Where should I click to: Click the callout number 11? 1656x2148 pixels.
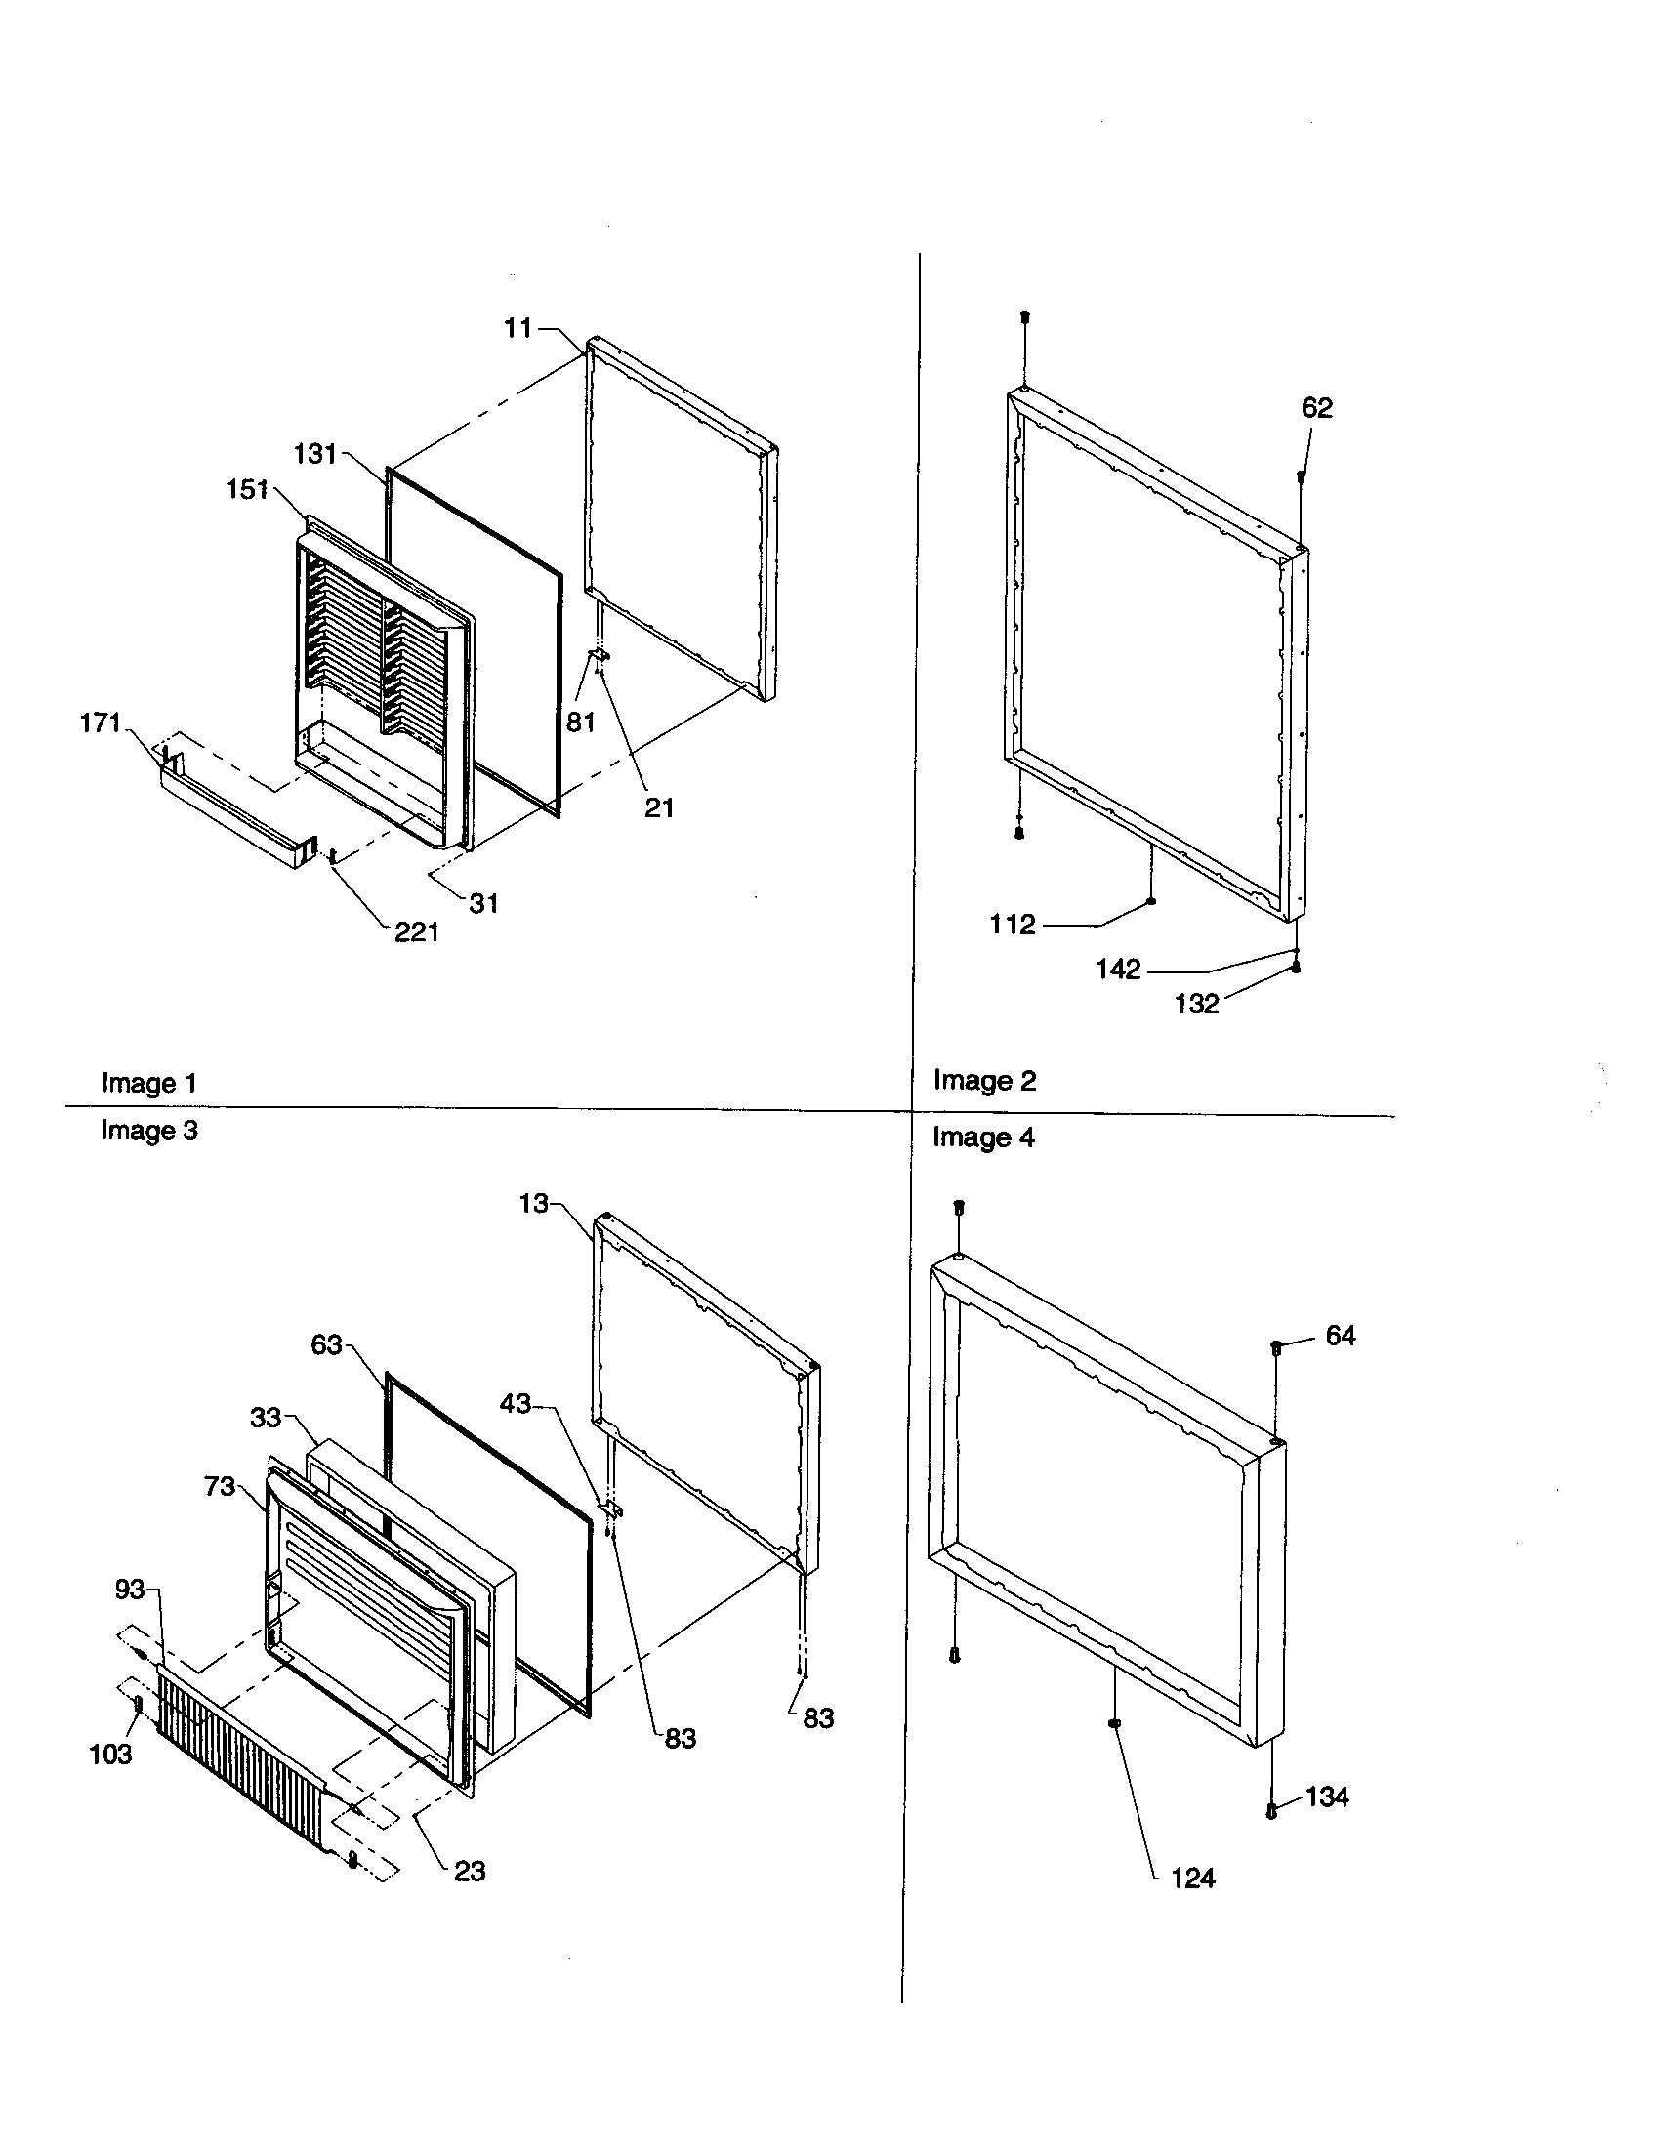pyautogui.click(x=517, y=328)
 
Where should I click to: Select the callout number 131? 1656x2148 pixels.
pyautogui.click(x=314, y=454)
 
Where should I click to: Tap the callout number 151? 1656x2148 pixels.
pyautogui.click(x=247, y=490)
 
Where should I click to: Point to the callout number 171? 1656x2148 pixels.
pyautogui.click(x=100, y=723)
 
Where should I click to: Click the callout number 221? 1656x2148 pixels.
pyautogui.click(x=416, y=932)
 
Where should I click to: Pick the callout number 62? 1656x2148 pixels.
pyautogui.click(x=1317, y=408)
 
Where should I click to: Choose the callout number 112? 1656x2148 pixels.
pyautogui.click(x=1012, y=925)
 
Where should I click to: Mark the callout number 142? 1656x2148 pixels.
pyautogui.click(x=1118, y=970)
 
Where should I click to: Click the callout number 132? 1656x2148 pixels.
pyautogui.click(x=1196, y=1004)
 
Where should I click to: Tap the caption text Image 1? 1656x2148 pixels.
pyautogui.click(x=149, y=1084)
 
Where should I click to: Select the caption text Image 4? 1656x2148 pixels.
pyautogui.click(x=983, y=1137)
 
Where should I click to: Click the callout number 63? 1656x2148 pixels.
pyautogui.click(x=326, y=1345)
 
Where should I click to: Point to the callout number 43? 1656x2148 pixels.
pyautogui.click(x=516, y=1404)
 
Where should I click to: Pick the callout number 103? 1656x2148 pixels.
pyautogui.click(x=110, y=1755)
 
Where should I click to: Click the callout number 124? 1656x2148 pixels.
pyautogui.click(x=1193, y=1879)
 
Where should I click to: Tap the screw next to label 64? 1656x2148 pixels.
pyautogui.click(x=1276, y=1348)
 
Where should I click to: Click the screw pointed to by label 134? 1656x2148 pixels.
pyautogui.click(x=1270, y=1810)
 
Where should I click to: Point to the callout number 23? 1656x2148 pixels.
pyautogui.click(x=469, y=1872)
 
